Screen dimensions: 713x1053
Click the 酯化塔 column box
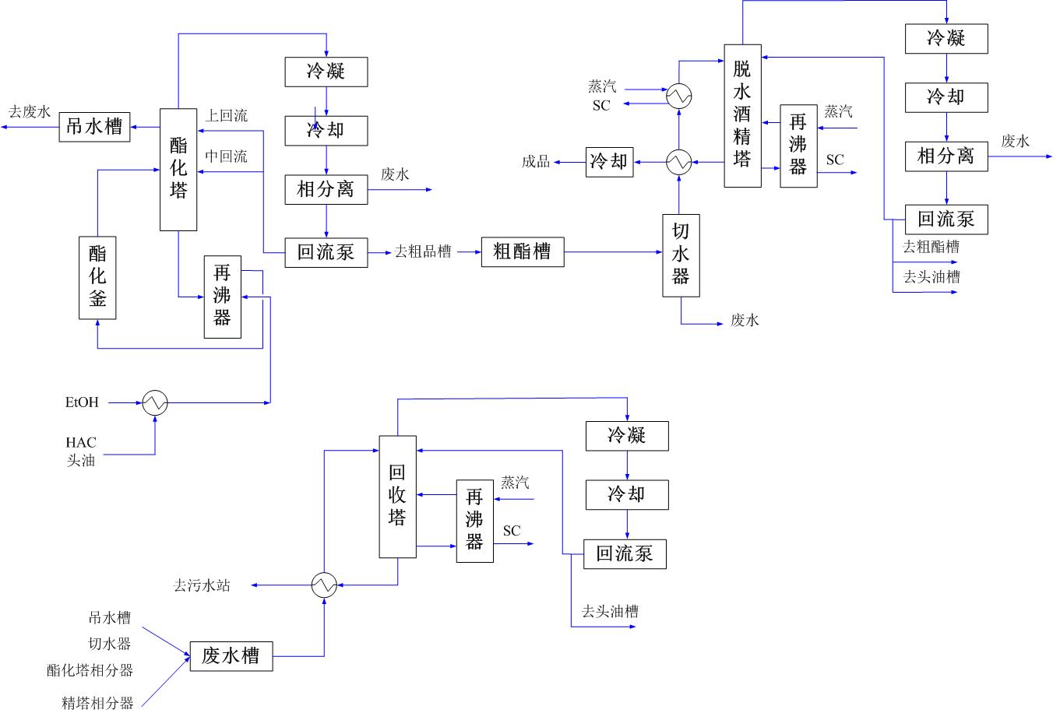[x=178, y=169]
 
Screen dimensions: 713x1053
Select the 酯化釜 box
[x=97, y=278]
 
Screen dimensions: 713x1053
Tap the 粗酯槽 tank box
[x=523, y=251]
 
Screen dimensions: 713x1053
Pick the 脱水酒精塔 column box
[x=742, y=115]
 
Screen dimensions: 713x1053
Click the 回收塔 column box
[x=398, y=496]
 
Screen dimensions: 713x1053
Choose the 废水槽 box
[x=231, y=655]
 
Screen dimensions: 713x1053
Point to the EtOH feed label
[x=82, y=402]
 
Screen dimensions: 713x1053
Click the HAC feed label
[x=81, y=442]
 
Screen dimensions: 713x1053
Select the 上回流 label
[x=226, y=116]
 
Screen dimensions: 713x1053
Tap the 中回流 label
[x=226, y=156]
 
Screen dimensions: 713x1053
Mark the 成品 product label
[x=536, y=162]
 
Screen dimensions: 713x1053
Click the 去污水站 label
[x=202, y=585]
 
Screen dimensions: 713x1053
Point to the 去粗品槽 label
[x=423, y=252]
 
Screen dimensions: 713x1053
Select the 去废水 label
[x=29, y=112]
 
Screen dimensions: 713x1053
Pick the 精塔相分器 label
[x=97, y=704]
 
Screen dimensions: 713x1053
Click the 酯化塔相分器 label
[x=90, y=670]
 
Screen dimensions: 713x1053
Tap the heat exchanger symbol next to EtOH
[x=155, y=402]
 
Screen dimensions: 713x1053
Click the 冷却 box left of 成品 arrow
[x=608, y=161]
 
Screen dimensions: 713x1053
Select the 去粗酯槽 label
[x=931, y=248]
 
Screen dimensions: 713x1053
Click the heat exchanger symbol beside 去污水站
[x=324, y=585]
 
